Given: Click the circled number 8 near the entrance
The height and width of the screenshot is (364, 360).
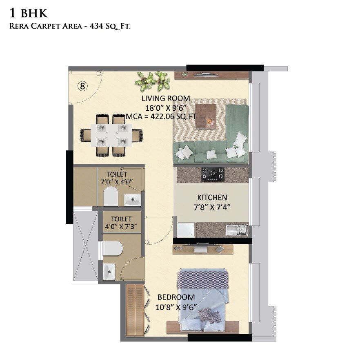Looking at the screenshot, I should tap(82, 86).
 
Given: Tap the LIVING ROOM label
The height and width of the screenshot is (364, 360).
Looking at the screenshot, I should tap(166, 98).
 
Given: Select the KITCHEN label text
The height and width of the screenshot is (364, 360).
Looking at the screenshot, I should tap(212, 197).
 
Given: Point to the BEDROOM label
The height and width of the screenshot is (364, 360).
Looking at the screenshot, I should tap(176, 297).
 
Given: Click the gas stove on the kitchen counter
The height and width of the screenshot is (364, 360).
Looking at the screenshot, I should tap(213, 174).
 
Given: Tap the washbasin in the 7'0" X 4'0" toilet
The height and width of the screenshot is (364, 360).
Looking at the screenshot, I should tap(132, 199).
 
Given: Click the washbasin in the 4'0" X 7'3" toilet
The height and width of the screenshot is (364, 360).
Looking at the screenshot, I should tap(109, 271).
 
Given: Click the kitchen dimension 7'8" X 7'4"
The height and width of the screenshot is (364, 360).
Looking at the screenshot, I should tap(212, 207).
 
